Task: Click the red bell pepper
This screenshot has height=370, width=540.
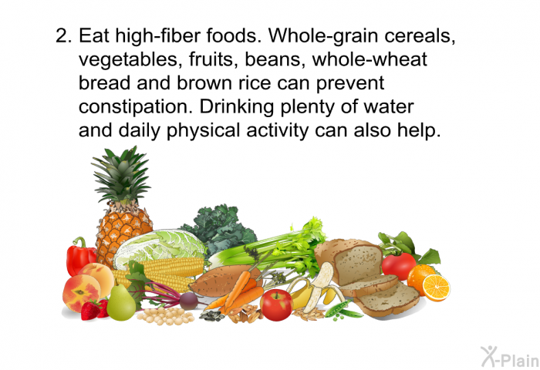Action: point(79,257)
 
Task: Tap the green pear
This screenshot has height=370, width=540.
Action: point(121,302)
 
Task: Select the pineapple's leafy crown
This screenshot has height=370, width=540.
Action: point(121,176)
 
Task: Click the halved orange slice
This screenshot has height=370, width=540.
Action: point(436,288)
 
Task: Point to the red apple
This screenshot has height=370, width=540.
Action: point(276,305)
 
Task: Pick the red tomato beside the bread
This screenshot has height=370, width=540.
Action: point(399,266)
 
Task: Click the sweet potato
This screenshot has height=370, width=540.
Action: point(224,281)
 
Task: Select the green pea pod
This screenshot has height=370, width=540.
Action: point(343,310)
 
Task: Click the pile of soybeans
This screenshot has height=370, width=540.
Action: point(166,315)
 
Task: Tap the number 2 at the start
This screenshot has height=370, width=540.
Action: point(64,35)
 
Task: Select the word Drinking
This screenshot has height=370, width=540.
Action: point(237,107)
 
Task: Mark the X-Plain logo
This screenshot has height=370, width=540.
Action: point(510,357)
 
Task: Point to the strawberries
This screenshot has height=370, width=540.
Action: point(94,309)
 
